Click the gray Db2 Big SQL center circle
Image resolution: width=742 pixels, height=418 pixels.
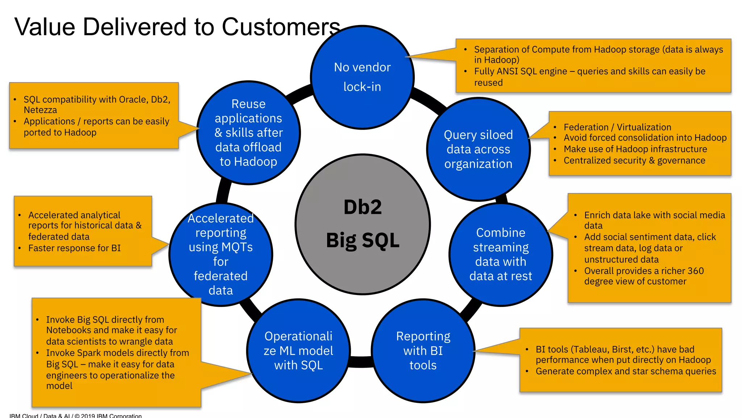(x=363, y=224)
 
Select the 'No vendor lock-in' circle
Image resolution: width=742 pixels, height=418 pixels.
(x=362, y=77)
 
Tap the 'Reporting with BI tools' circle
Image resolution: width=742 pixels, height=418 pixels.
(x=423, y=351)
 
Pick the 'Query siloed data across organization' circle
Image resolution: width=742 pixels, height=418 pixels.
(x=478, y=149)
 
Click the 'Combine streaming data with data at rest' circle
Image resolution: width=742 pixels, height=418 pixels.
(x=501, y=254)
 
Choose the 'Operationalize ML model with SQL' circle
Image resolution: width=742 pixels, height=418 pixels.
(x=298, y=351)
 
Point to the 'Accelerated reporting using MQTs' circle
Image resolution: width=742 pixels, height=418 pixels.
(x=221, y=254)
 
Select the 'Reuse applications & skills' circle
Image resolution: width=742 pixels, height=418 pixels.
(x=249, y=133)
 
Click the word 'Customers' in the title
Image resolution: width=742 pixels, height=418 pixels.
(x=281, y=27)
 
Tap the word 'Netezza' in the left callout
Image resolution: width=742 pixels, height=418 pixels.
(x=40, y=110)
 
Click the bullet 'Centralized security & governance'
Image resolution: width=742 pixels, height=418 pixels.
(x=634, y=160)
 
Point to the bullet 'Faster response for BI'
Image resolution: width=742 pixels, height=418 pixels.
(x=74, y=248)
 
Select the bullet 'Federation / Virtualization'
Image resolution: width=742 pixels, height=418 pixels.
(x=617, y=127)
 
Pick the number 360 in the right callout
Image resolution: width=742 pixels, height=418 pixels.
(x=695, y=271)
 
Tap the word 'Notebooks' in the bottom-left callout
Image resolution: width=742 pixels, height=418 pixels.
(x=68, y=330)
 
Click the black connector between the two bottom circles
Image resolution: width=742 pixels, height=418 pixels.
(x=360, y=361)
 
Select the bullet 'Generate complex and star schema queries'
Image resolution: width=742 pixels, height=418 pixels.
(x=626, y=371)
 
